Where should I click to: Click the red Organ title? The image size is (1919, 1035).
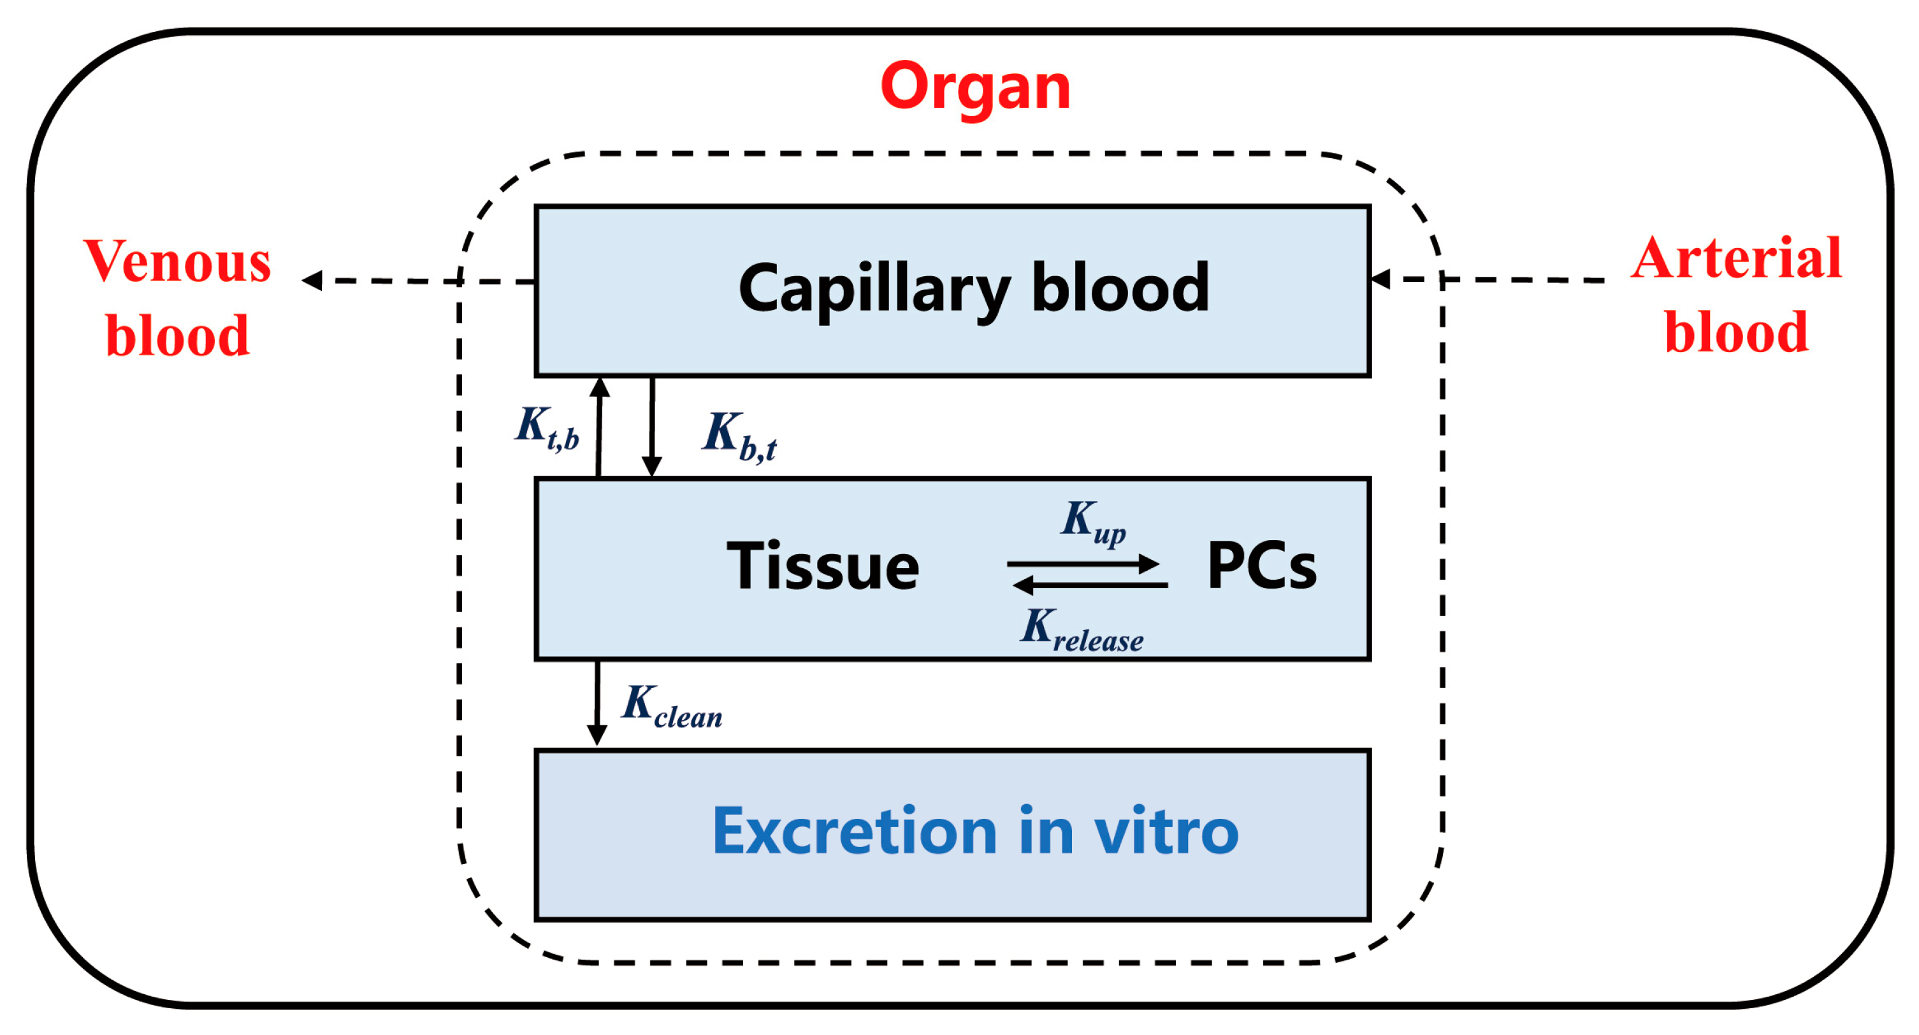click(x=975, y=87)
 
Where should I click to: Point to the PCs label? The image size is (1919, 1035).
click(x=1261, y=566)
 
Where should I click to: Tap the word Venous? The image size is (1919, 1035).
click(x=177, y=262)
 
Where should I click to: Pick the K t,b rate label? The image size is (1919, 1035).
click(x=547, y=429)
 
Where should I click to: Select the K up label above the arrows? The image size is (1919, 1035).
click(x=1093, y=522)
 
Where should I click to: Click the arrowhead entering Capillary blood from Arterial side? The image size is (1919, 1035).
click(x=1380, y=279)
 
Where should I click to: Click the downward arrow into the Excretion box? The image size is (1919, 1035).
click(x=597, y=704)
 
